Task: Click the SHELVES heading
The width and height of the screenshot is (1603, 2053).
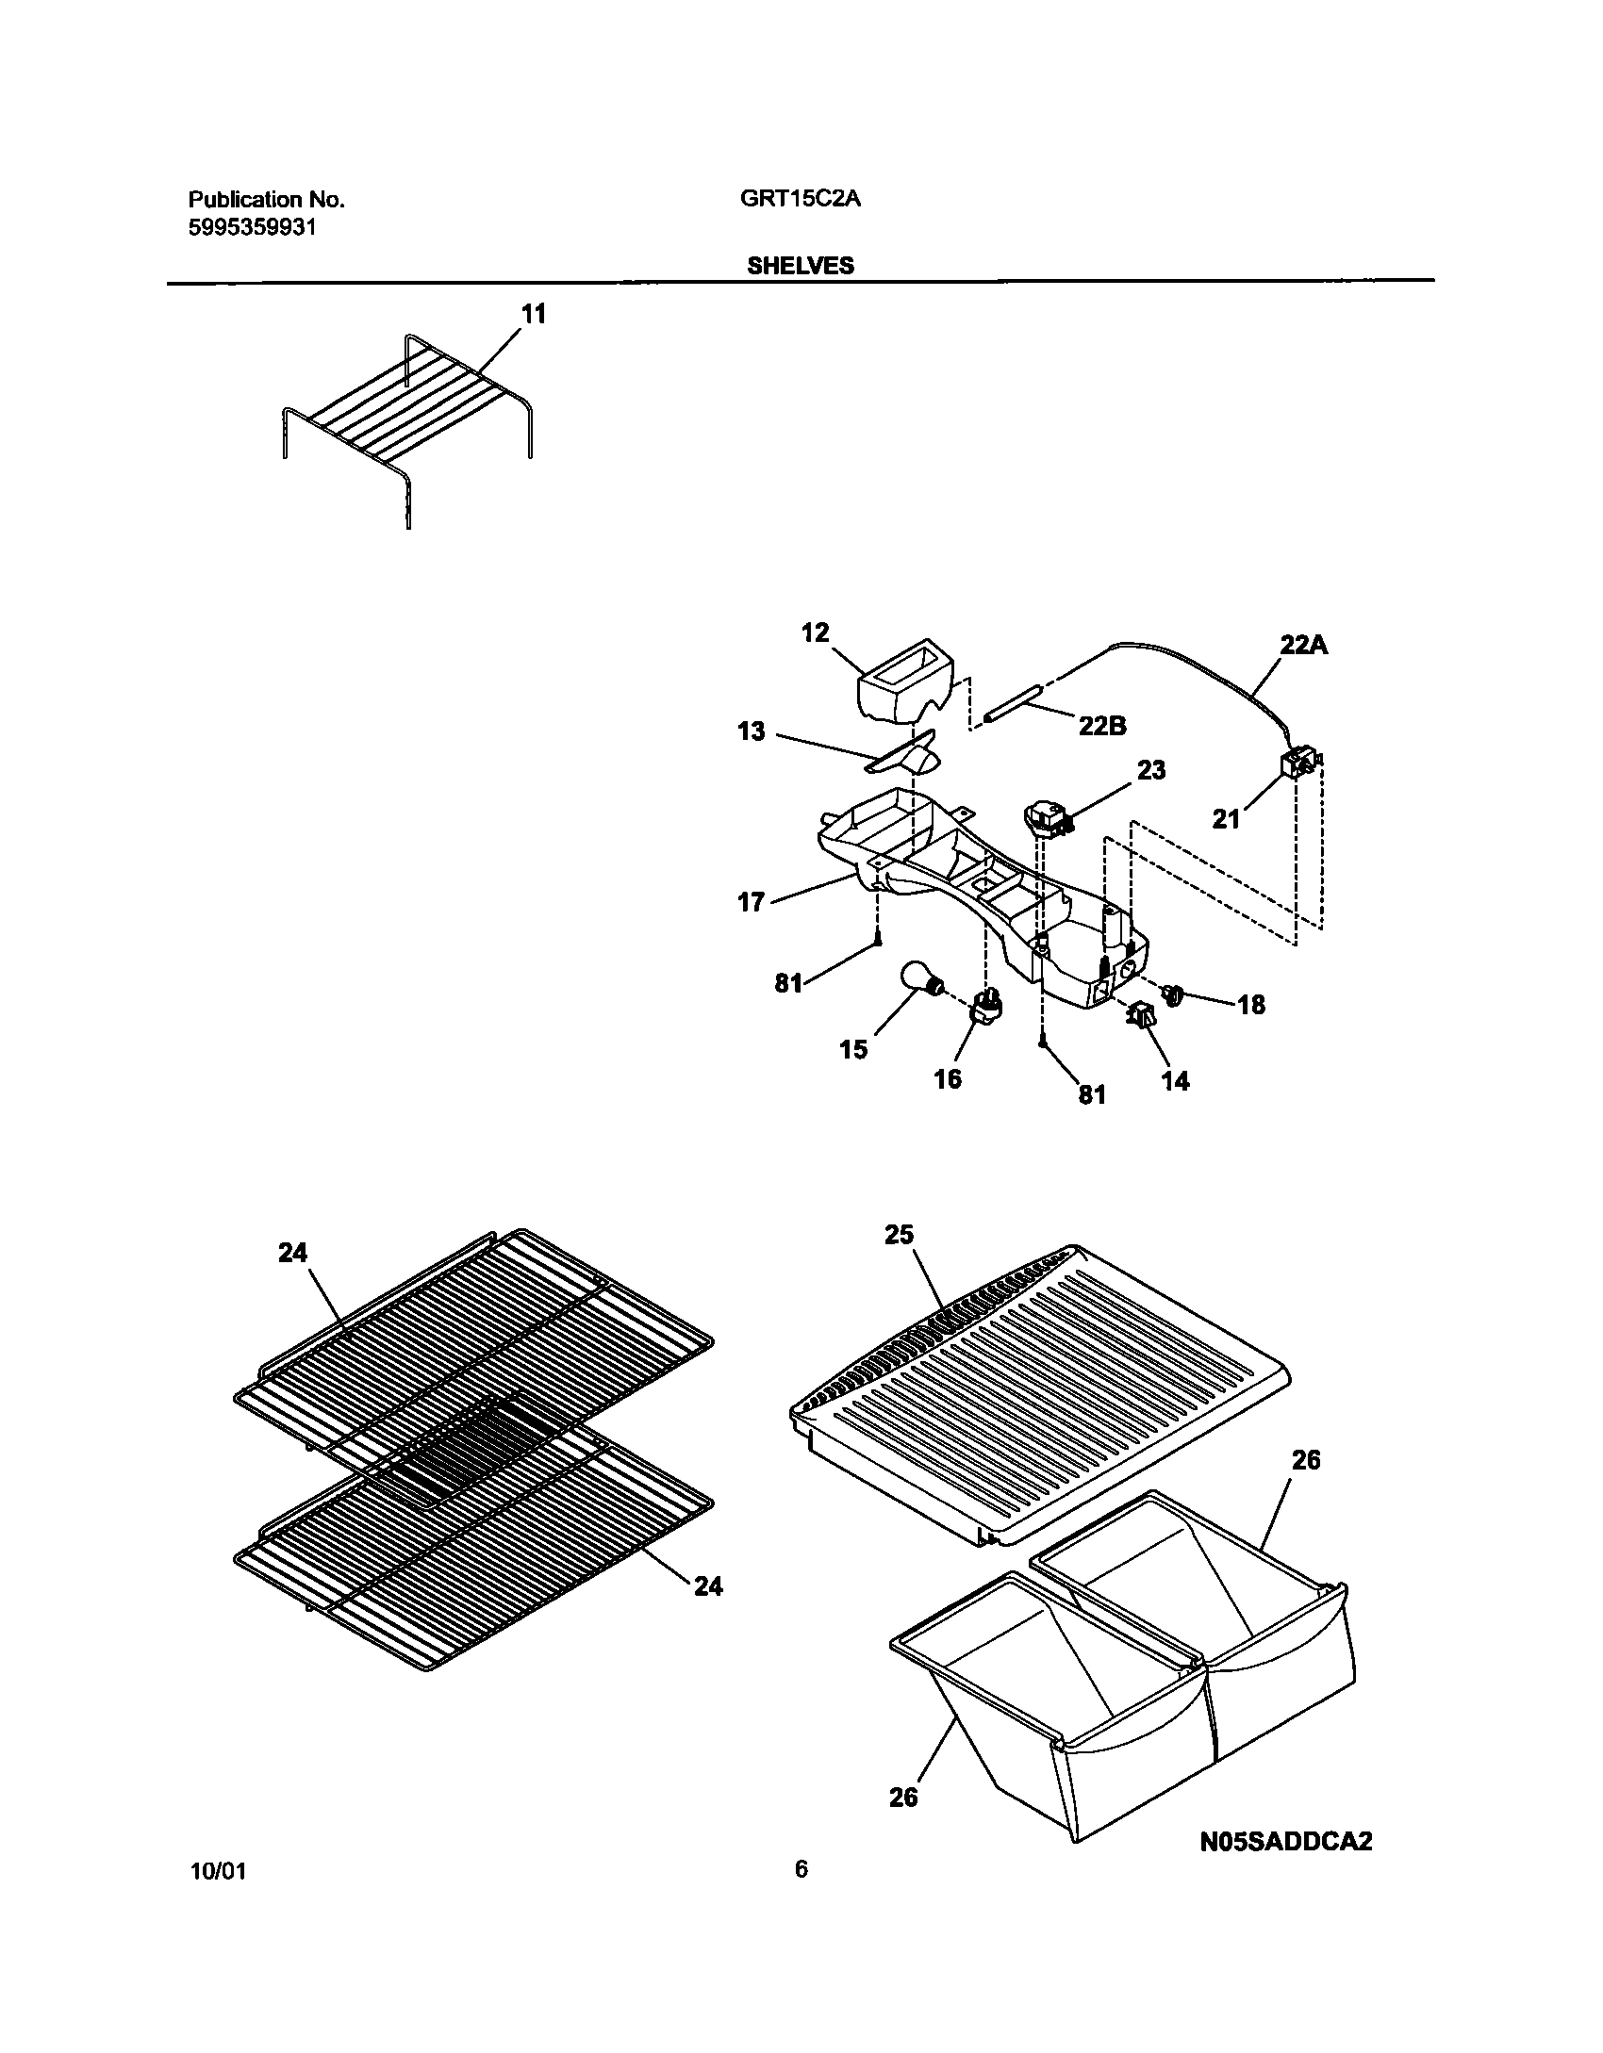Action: [800, 266]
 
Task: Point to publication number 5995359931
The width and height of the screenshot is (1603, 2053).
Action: [252, 227]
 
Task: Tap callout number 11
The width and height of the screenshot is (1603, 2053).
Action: [534, 314]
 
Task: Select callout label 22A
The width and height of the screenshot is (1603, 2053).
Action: [1303, 646]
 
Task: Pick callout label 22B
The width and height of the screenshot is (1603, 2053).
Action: [1102, 726]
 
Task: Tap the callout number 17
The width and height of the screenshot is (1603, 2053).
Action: [751, 902]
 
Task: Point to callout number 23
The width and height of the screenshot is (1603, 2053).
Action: [1151, 770]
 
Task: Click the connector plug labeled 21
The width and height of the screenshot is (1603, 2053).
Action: [1298, 764]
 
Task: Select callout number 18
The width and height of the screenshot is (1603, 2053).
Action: [1251, 1005]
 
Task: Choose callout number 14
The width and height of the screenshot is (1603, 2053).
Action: [1175, 1081]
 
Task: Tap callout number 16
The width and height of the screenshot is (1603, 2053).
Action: [948, 1077]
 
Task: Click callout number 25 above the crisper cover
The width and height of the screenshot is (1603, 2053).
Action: [900, 1235]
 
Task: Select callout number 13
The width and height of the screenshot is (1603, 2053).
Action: [752, 731]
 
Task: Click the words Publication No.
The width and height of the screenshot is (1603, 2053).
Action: [266, 200]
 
